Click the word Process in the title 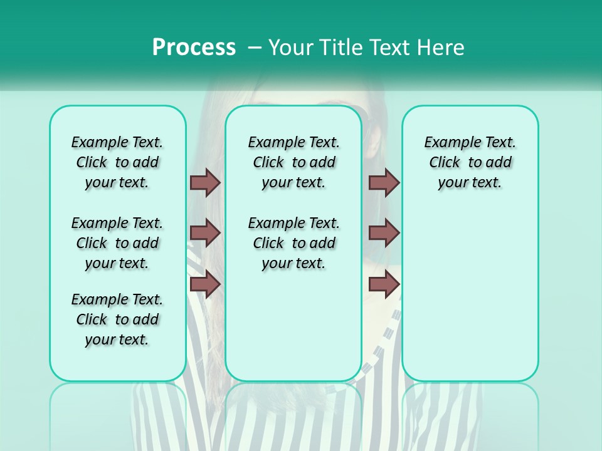[x=194, y=47]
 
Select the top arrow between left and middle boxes [x=205, y=182]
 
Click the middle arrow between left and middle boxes [x=205, y=233]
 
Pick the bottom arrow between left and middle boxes [x=205, y=284]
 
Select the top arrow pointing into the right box [x=384, y=182]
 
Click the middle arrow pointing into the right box [x=384, y=233]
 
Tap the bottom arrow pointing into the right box [x=384, y=284]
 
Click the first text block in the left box [x=117, y=162]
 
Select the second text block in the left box [x=117, y=243]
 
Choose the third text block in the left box [x=117, y=319]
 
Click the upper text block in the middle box [x=293, y=162]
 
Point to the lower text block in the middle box [x=293, y=243]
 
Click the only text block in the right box [x=470, y=162]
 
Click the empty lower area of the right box [x=470, y=294]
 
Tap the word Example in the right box [x=448, y=143]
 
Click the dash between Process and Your [x=254, y=47]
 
